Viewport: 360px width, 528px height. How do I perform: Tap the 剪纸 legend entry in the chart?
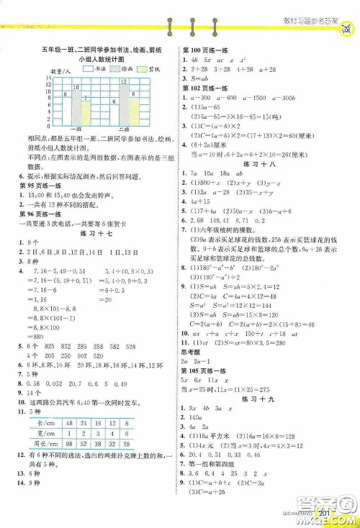click(157, 70)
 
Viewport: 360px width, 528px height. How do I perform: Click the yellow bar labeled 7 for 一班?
click(86, 110)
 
